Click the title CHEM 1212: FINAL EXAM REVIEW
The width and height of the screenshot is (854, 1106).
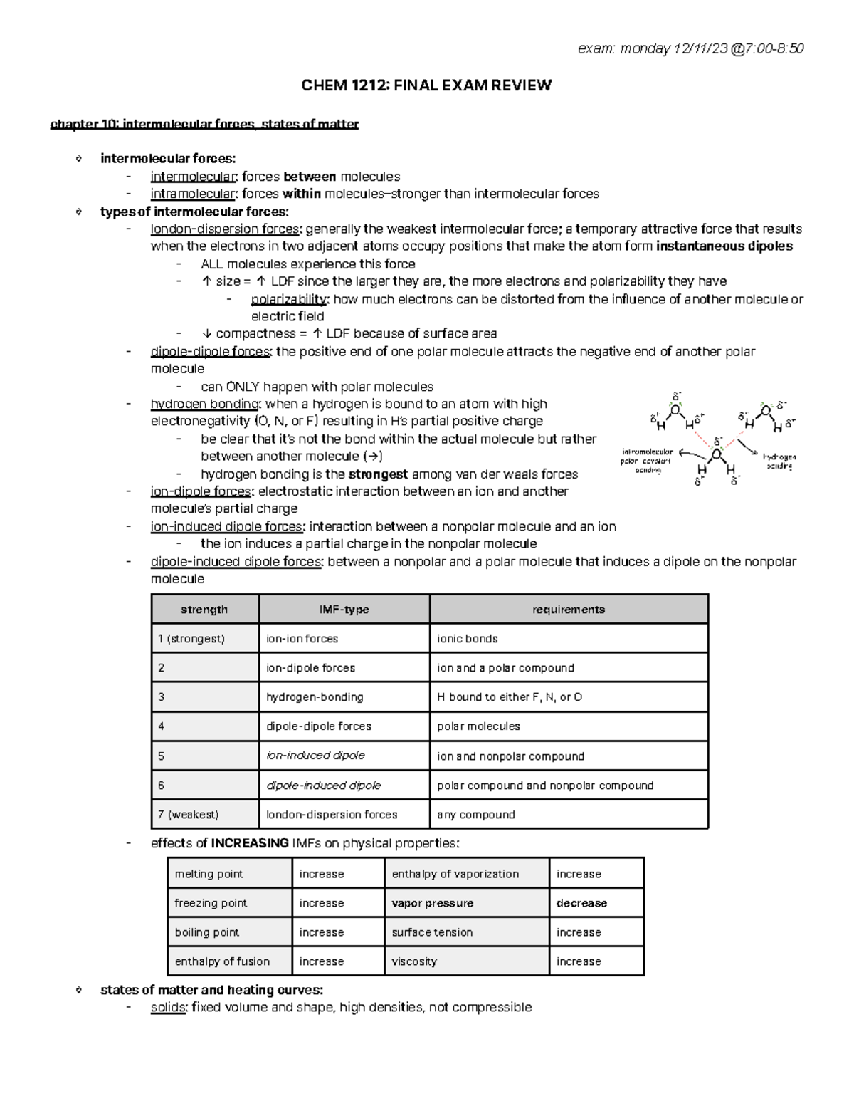click(426, 85)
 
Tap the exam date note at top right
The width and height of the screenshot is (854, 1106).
click(690, 48)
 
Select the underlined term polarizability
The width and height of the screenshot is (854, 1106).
click(289, 299)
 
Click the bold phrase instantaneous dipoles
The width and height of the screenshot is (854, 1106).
click(724, 246)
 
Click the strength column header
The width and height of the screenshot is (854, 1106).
click(204, 610)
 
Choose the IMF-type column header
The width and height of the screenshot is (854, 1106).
click(344, 610)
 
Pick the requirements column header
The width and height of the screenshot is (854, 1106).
click(568, 610)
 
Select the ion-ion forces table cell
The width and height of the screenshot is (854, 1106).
click(302, 639)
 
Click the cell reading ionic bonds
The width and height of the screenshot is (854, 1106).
click(468, 639)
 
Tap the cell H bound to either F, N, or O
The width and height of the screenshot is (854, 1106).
click(510, 697)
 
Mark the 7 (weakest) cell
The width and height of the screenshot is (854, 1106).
click(188, 815)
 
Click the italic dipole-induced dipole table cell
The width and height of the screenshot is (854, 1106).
click(324, 786)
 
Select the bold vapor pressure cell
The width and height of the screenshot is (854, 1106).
click(433, 903)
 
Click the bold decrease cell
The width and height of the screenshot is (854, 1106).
click(581, 903)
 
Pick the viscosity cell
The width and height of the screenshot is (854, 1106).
click(414, 961)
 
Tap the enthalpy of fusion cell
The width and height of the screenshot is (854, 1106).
click(222, 961)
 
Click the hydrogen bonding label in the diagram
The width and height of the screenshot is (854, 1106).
click(779, 461)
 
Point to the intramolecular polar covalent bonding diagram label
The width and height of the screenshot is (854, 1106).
click(647, 461)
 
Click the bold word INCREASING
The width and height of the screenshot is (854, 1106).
click(250, 843)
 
